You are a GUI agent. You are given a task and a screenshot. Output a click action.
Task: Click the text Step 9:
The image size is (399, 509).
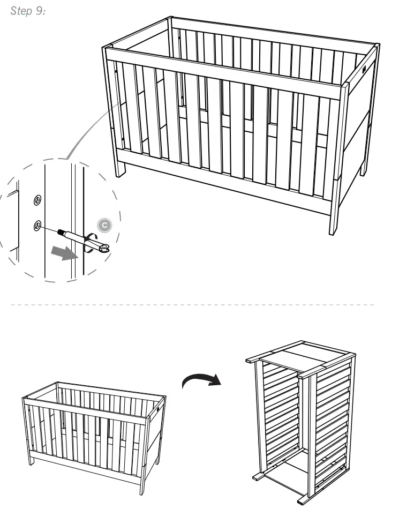(28, 11)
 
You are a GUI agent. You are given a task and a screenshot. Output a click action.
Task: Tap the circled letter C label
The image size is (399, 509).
(106, 226)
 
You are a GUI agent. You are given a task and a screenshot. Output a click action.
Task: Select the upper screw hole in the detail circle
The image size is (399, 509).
(37, 200)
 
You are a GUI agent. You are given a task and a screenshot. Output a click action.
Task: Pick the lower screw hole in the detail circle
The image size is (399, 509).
(37, 226)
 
